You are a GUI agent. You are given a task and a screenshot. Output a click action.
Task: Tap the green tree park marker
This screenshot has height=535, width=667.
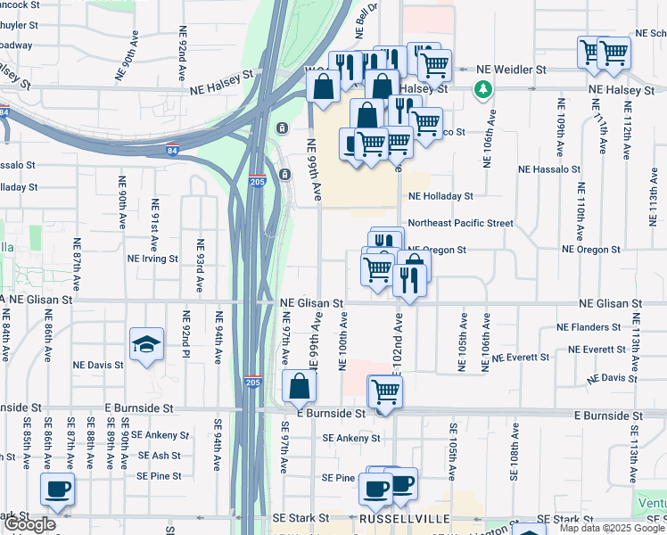[483, 89]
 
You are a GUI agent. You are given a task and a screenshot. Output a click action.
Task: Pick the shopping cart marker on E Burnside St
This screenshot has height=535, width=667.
[385, 392]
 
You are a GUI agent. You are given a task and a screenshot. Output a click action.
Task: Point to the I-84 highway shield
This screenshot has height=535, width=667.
[4, 112]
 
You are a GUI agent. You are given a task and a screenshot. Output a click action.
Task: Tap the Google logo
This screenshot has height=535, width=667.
[29, 524]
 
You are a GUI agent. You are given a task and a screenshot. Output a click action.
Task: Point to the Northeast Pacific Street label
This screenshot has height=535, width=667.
[460, 223]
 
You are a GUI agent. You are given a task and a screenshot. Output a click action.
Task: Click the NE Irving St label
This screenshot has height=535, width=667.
[153, 259]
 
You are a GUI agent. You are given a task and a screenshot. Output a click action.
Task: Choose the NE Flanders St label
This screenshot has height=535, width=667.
[594, 327]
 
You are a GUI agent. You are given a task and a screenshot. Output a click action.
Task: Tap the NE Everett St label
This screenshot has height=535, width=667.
[522, 358]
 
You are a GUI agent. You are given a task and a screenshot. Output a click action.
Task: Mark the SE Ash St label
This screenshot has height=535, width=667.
[158, 456]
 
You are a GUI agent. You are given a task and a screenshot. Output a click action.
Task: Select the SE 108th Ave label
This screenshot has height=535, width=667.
[515, 463]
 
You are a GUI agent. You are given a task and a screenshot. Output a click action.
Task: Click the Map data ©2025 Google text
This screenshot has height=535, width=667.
[612, 528]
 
